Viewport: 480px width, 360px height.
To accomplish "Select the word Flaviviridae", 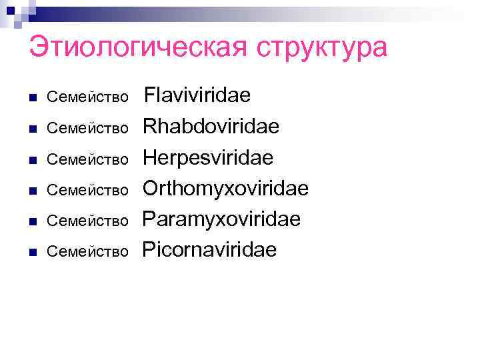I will pyautogui.click(x=198, y=95).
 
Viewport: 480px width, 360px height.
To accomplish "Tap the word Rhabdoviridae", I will pyautogui.click(x=211, y=127).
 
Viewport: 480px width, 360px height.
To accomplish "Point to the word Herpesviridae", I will pyautogui.click(x=209, y=158).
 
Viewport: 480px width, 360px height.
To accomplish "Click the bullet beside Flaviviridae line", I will pyautogui.click(x=32, y=98).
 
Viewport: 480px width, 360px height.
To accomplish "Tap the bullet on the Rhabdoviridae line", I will pyautogui.click(x=32, y=129).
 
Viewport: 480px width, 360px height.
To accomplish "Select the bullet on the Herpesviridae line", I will pyautogui.click(x=32, y=160).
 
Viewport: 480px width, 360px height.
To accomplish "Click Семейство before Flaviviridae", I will pyautogui.click(x=87, y=98).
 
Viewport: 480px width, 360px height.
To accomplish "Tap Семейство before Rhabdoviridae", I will pyautogui.click(x=87, y=129).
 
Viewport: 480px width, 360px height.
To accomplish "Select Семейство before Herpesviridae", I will pyautogui.click(x=87, y=160).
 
